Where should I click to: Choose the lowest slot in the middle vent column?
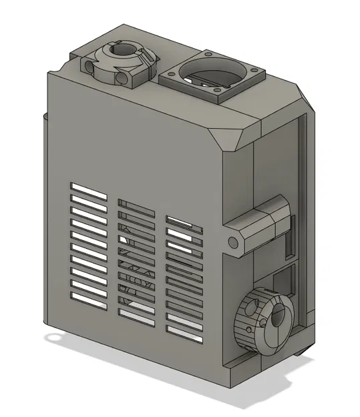click(136, 313)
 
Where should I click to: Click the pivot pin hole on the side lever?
click(234, 242)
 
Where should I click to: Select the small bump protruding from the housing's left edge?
click(45, 119)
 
